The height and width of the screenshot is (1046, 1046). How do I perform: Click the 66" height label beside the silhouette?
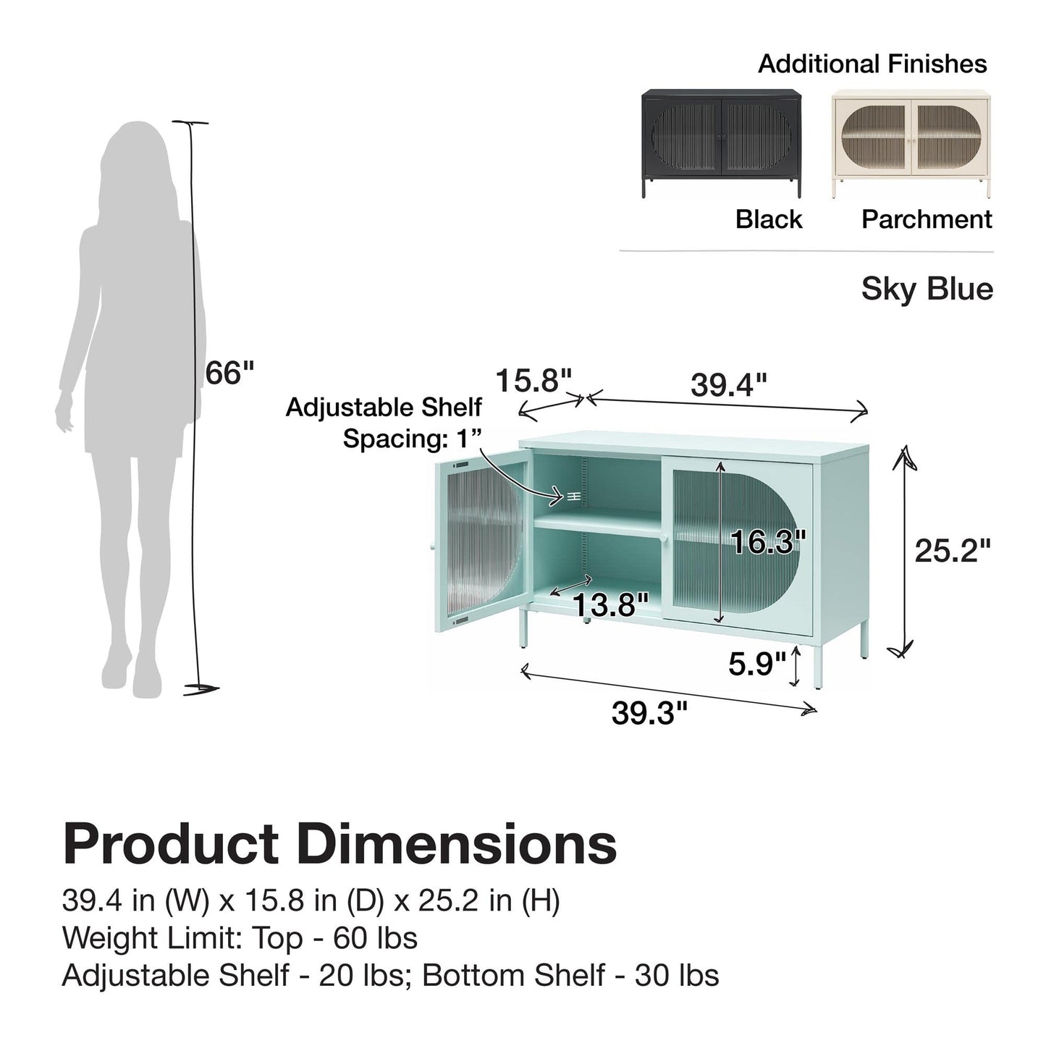tap(229, 373)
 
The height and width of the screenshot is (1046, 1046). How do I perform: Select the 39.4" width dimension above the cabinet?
tap(729, 385)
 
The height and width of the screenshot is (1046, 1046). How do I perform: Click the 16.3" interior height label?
tap(767, 541)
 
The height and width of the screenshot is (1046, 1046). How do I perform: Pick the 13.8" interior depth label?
tap(611, 604)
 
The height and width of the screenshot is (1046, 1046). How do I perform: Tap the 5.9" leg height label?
tap(757, 664)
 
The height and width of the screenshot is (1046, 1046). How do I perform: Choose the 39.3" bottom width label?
tap(650, 713)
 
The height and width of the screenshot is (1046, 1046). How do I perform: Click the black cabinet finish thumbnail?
tap(721, 143)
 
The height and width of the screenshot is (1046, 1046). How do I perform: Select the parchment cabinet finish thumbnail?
tap(911, 143)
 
